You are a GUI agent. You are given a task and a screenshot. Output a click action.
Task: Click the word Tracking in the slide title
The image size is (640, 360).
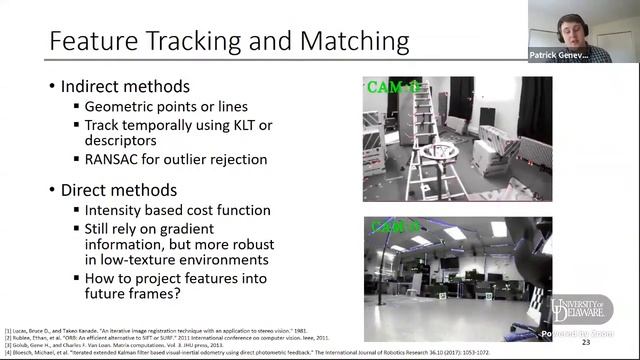pos(202,42)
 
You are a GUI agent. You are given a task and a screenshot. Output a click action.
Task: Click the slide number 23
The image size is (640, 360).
pos(613,342)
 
